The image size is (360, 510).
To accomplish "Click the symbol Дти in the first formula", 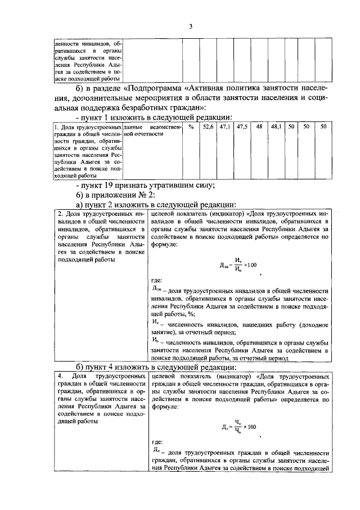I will pyautogui.click(x=224, y=265).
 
